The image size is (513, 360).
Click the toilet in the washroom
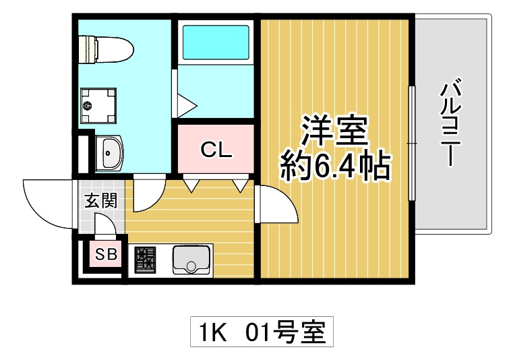tap(107, 49)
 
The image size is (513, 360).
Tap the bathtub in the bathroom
tap(216, 42)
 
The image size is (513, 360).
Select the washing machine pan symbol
tap(98, 105)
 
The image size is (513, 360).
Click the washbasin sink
tap(109, 153)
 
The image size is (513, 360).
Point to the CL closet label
tap(216, 150)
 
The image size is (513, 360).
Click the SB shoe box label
tap(106, 253)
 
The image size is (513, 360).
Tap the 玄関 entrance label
tap(100, 201)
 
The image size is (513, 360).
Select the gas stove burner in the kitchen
tap(145, 260)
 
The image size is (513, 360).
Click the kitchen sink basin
tap(191, 260)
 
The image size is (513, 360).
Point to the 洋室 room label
tap(334, 130)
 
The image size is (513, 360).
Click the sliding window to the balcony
tap(412, 143)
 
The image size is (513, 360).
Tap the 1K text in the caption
tap(212, 332)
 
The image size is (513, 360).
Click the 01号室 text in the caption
tap(286, 332)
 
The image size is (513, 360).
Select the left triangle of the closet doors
tap(191, 185)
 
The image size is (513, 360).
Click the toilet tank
tap(88, 49)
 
